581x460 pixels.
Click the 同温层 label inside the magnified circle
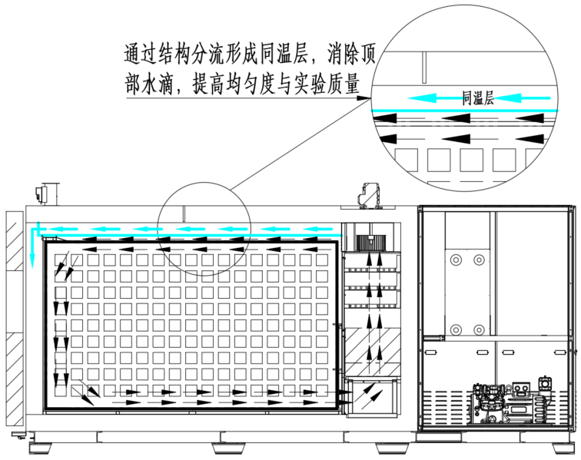click(x=477, y=98)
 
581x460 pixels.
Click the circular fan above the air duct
click(x=370, y=243)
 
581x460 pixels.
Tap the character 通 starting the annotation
click(x=132, y=55)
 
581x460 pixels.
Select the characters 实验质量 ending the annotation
click(x=327, y=84)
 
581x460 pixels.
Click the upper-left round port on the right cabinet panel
click(x=456, y=260)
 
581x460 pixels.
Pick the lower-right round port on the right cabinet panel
click(x=479, y=329)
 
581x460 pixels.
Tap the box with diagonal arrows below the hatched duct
click(x=373, y=397)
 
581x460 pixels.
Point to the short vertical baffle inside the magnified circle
click(x=424, y=67)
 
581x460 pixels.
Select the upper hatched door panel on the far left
click(x=15, y=240)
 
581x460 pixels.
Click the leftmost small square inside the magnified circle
click(x=406, y=160)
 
